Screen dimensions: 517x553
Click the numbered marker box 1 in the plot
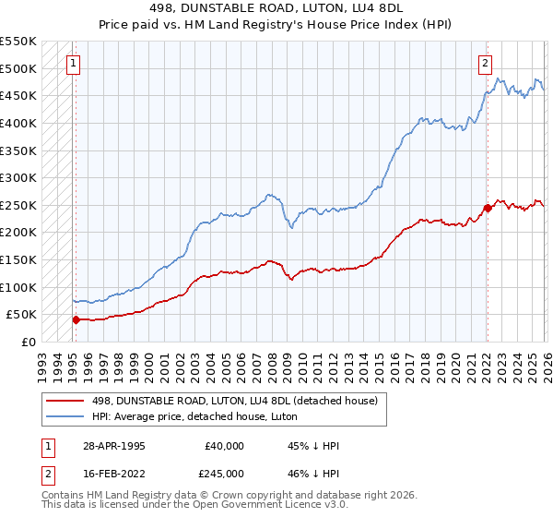coord(73,64)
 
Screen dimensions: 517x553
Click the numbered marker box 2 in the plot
coord(485,64)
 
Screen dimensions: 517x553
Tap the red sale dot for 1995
coord(76,319)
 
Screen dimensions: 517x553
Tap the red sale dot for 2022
coord(488,208)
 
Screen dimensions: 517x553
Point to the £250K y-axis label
coord(18,205)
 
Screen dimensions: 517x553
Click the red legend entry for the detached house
coord(234,400)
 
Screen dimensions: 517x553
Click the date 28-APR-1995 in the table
coord(113,446)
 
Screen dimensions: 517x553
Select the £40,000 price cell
coord(225,446)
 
